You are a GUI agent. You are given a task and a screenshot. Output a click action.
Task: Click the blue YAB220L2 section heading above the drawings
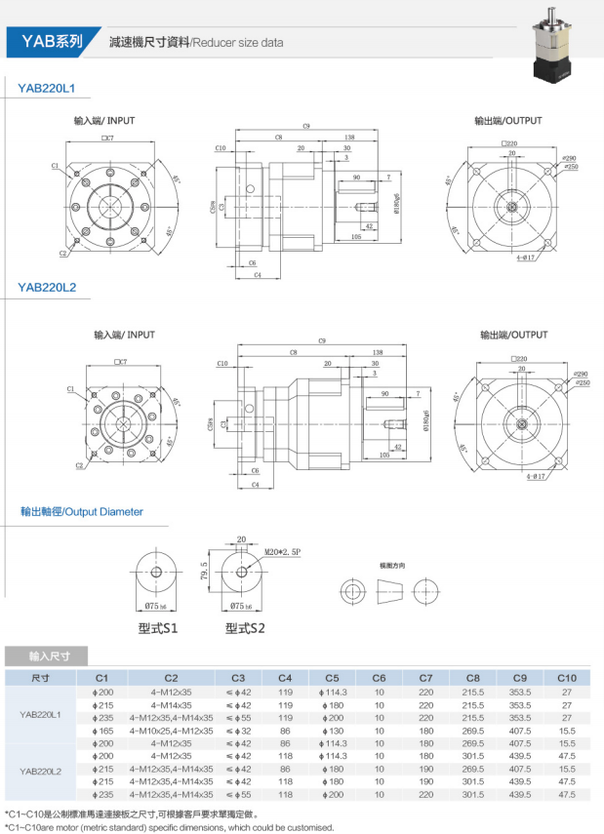47,287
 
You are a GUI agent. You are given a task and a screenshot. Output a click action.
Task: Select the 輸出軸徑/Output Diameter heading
82,512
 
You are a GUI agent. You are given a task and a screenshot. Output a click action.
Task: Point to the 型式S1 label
157,628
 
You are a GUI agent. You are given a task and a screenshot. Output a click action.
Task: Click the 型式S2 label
243,628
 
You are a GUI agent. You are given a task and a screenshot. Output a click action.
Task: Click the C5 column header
332,678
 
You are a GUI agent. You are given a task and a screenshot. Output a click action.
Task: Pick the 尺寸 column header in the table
40,678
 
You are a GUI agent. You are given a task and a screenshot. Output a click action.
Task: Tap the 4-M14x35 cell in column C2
171,704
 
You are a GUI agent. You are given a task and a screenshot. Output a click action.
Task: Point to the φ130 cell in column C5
332,730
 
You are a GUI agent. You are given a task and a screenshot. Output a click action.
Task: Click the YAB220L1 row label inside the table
40,716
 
